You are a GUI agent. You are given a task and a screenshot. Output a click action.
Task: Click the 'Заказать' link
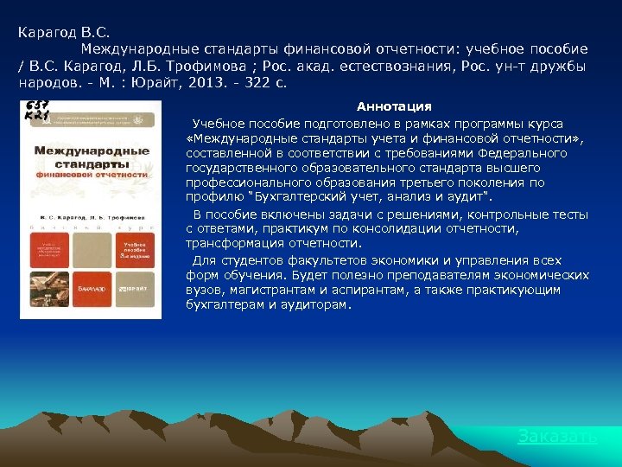(556, 437)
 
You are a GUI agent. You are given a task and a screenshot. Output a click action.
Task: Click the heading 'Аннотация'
(394, 106)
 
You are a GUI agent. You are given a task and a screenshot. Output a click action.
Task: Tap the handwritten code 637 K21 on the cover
(37, 111)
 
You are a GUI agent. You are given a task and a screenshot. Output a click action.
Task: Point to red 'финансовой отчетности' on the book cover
(91, 174)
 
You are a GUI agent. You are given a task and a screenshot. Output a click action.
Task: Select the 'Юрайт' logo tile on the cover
(137, 290)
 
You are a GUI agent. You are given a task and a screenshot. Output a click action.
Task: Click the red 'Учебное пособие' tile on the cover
(137, 250)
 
